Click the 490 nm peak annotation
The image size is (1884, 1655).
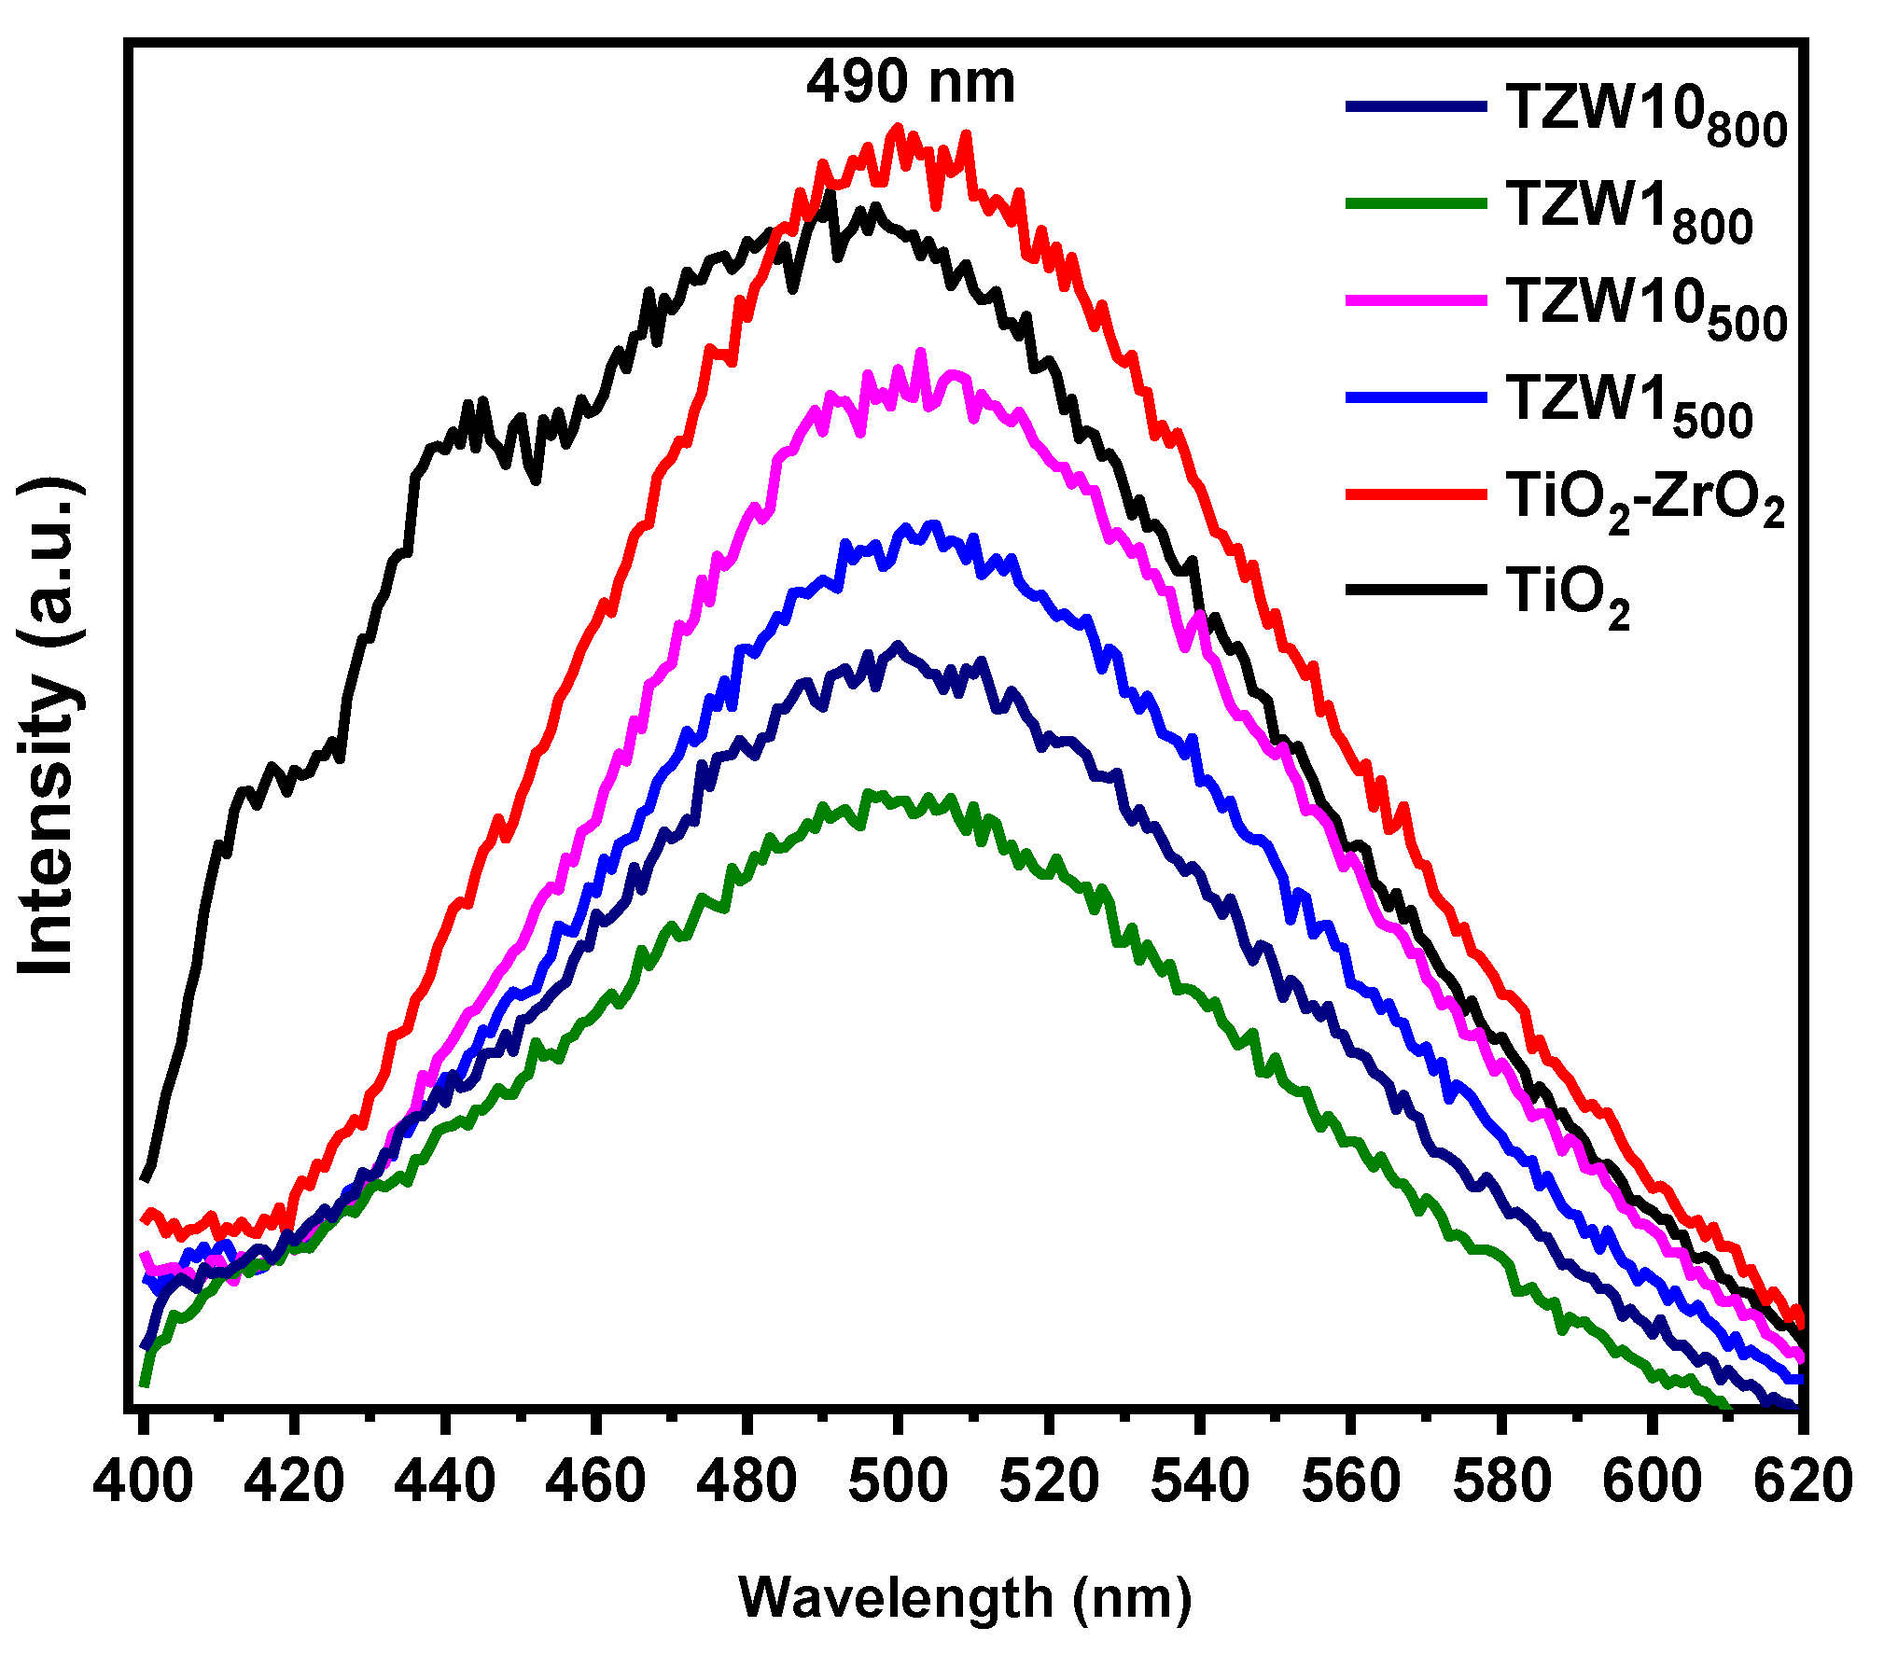click(x=910, y=82)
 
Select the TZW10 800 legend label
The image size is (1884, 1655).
click(x=1645, y=115)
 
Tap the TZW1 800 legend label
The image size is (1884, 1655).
click(x=1628, y=212)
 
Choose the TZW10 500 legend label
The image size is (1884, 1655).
click(x=1645, y=308)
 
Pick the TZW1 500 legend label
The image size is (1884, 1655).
click(x=1628, y=405)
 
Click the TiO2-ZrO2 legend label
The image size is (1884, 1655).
click(x=1644, y=501)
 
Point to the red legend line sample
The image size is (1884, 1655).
click(x=1416, y=494)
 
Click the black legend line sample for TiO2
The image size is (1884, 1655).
click(x=1416, y=590)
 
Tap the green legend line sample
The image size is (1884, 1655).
click(x=1416, y=203)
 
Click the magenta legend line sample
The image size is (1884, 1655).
click(x=1416, y=300)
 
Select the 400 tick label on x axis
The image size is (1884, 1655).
click(x=143, y=1481)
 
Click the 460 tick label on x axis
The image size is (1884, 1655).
click(x=595, y=1481)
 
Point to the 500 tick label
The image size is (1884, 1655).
click(x=898, y=1481)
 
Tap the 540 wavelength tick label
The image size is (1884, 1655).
click(x=1199, y=1481)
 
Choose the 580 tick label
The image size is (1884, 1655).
click(x=1501, y=1481)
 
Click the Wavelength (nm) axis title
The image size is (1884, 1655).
click(x=965, y=1598)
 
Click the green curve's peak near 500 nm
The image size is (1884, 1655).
click(x=868, y=794)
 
